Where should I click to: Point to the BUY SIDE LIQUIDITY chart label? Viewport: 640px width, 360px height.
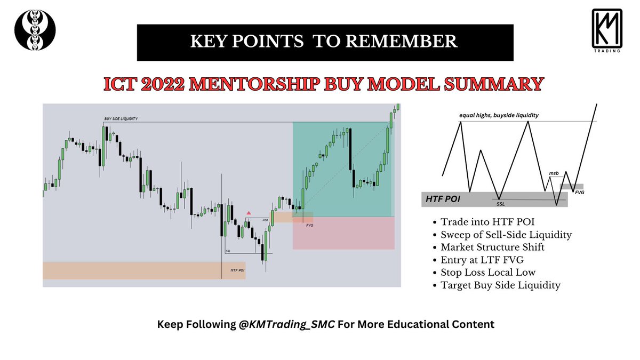121,119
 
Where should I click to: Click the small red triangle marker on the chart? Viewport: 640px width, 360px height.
248,213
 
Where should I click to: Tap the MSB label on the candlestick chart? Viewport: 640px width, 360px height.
265,220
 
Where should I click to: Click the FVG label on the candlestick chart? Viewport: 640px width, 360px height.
309,226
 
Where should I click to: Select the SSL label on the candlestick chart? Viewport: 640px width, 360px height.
228,251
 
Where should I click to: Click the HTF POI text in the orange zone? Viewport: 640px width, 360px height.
237,270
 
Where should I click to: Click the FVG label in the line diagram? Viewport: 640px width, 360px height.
579,191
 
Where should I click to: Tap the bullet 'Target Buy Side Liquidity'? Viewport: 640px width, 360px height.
500,285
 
